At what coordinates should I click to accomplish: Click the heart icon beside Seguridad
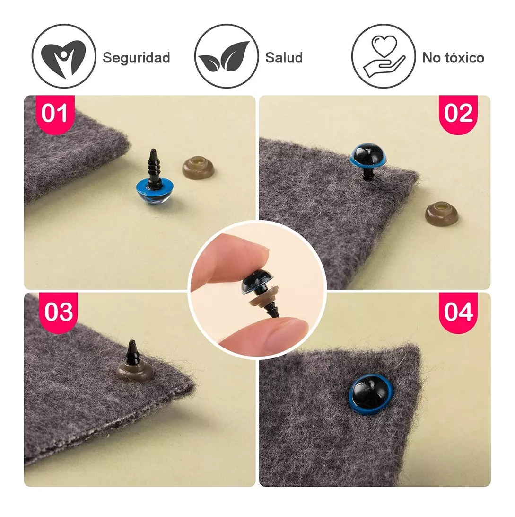point(64,56)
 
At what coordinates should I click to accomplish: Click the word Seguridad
point(136,58)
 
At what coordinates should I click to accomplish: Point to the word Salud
point(284,58)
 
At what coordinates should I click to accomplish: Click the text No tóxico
point(454,58)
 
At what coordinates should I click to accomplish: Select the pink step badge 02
point(458,114)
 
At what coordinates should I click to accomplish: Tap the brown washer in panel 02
point(441,214)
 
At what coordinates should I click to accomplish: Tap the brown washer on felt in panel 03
point(134,372)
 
